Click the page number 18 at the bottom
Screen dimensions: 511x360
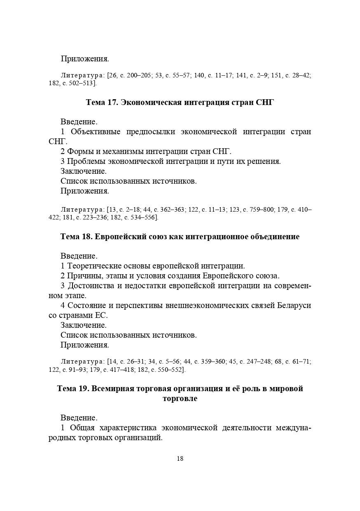(x=180, y=459)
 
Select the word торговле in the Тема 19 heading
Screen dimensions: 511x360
(x=180, y=399)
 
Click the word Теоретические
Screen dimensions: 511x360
(x=92, y=266)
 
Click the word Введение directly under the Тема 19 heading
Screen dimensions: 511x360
(x=79, y=418)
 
